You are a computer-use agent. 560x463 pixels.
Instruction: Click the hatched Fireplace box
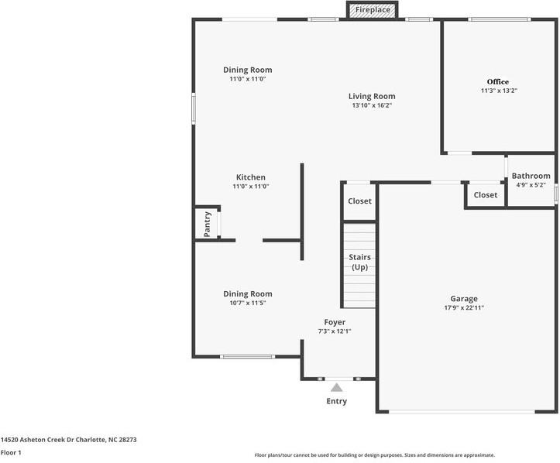[372, 9]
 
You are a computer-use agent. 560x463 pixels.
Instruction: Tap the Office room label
[497, 82]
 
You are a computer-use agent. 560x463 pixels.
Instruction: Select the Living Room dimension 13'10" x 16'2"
[372, 105]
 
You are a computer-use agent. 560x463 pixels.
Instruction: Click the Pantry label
[207, 225]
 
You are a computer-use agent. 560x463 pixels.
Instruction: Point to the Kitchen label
[251, 177]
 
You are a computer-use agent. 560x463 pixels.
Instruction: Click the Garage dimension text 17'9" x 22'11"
[464, 307]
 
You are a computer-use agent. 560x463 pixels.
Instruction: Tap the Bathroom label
[531, 176]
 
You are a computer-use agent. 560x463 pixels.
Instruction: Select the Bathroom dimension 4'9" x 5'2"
[531, 185]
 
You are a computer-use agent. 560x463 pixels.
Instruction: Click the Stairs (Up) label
[359, 262]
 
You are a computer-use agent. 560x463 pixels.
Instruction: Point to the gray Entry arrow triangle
[336, 388]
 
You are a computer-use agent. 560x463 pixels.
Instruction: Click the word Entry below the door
[336, 401]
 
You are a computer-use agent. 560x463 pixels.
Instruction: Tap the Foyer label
[335, 322]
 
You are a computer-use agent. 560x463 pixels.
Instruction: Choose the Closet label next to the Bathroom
[486, 195]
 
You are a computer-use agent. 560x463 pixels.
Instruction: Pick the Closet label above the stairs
[359, 201]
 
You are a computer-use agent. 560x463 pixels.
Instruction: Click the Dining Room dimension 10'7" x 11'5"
[248, 303]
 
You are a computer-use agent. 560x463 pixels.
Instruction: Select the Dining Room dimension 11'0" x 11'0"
[248, 79]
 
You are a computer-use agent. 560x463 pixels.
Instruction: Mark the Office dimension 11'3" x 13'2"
[499, 91]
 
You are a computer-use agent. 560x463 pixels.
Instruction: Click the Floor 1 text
[11, 453]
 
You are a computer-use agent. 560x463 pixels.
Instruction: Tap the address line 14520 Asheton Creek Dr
[37, 440]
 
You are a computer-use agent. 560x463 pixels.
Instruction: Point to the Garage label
[464, 299]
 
